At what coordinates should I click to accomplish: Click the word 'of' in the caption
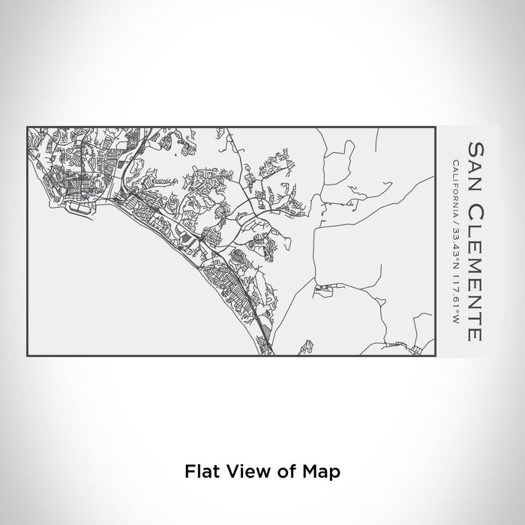(x=281, y=472)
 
